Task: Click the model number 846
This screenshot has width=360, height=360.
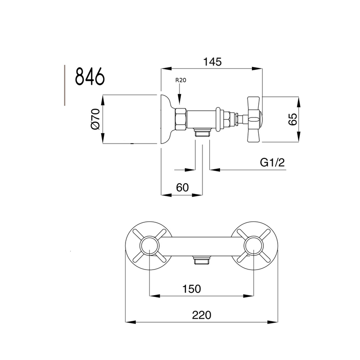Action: (90, 76)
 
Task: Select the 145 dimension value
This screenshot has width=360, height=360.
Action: (212, 62)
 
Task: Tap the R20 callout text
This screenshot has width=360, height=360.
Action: (181, 80)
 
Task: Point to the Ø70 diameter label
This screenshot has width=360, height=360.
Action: (95, 119)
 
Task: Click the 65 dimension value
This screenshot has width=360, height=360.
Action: (292, 119)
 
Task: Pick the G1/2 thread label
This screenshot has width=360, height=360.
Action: (272, 162)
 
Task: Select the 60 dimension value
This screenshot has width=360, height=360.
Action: (182, 188)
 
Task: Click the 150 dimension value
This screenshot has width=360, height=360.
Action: (192, 289)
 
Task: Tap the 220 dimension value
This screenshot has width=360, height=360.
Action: (202, 315)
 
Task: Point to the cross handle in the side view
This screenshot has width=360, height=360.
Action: (253, 119)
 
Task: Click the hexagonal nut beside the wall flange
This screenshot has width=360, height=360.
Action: (180, 119)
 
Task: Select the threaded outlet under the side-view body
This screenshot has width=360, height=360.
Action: (202, 133)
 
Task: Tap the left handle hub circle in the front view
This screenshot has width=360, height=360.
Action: (150, 246)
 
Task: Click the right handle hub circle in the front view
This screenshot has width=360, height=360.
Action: (254, 246)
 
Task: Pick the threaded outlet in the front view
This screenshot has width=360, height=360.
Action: (202, 261)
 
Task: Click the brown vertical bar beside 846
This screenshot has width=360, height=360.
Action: (65, 85)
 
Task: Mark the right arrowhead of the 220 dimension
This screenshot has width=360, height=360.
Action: (273, 322)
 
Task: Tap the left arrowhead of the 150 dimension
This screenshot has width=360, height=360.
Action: (155, 296)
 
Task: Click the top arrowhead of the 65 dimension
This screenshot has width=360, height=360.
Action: (298, 102)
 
